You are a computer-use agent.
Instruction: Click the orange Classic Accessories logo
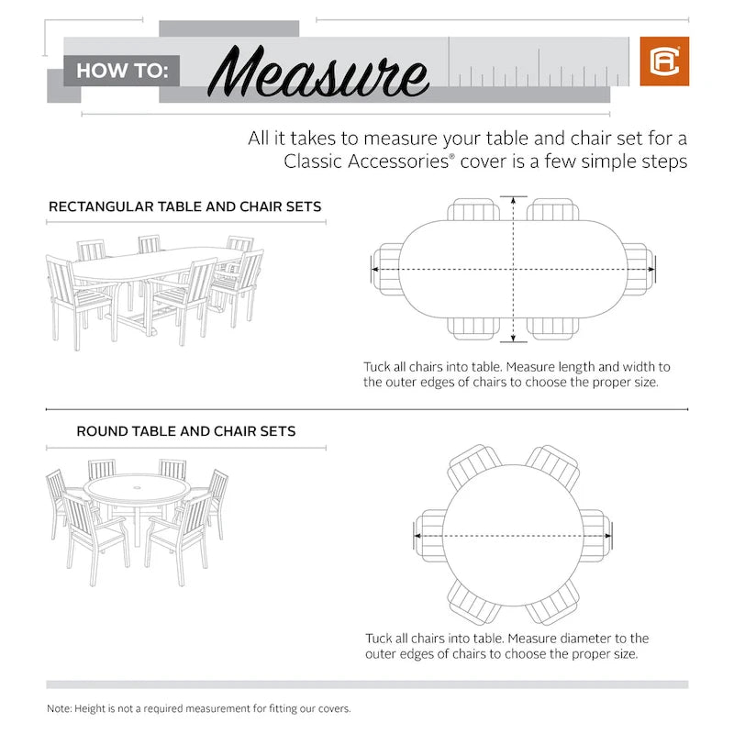click(663, 61)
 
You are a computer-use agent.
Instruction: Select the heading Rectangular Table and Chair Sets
click(184, 206)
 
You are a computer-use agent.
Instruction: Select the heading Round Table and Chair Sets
click(186, 430)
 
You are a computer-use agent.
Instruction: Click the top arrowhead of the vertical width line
click(514, 199)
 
